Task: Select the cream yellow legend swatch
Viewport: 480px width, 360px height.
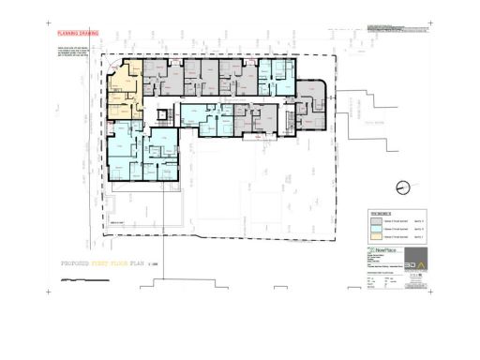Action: (376, 239)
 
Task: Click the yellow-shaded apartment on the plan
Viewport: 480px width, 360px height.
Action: (124, 94)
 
